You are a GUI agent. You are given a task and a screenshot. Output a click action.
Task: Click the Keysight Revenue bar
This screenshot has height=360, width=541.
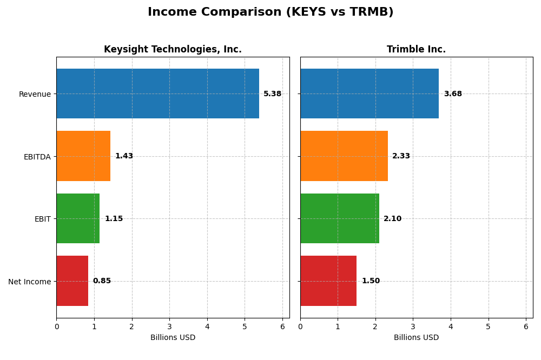157,94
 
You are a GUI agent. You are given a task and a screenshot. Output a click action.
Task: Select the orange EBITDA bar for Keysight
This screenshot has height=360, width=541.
83,156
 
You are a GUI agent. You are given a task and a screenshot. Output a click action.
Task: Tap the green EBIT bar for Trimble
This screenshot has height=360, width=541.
340,218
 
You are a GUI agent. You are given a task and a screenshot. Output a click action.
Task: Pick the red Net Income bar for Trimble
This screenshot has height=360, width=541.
328,281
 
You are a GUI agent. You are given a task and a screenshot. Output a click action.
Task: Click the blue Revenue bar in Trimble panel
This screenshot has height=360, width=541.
370,94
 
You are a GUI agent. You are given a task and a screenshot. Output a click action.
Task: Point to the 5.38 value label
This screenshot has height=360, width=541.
272,94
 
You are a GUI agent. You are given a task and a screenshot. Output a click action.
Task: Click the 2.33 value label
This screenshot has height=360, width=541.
401,156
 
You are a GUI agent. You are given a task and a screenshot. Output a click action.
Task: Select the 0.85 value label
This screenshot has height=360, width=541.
102,281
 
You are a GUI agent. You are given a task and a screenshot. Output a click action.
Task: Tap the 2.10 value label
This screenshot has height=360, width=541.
392,219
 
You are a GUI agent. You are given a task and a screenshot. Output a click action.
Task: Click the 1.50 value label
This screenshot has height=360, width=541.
371,281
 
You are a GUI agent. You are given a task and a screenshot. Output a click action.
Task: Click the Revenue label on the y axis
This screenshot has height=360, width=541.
35,94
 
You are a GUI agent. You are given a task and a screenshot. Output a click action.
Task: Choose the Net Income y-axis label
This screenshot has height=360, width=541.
29,282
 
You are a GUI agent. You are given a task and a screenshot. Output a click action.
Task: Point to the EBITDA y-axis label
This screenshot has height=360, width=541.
37,157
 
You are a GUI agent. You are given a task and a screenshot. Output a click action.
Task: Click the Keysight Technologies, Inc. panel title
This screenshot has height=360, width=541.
173,50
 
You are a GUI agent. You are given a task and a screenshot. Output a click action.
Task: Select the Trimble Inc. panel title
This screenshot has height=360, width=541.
416,50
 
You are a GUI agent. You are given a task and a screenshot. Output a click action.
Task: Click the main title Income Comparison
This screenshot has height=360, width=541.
270,12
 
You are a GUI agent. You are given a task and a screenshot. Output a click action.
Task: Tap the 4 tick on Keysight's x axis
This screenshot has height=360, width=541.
207,326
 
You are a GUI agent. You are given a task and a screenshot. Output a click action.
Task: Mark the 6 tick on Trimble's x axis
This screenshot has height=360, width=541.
526,326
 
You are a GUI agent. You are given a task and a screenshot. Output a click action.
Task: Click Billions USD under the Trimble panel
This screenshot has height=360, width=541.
416,338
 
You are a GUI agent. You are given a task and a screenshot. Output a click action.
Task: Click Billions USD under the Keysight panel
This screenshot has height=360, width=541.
173,338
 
